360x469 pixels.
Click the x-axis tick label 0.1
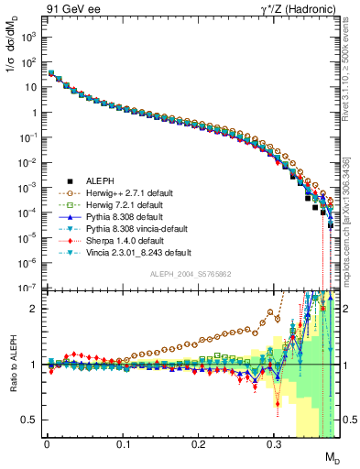pos(123,450)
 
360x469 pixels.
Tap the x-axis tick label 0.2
pos(199,450)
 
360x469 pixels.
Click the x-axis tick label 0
pos(47,450)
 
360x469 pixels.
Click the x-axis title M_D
pos(333,458)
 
